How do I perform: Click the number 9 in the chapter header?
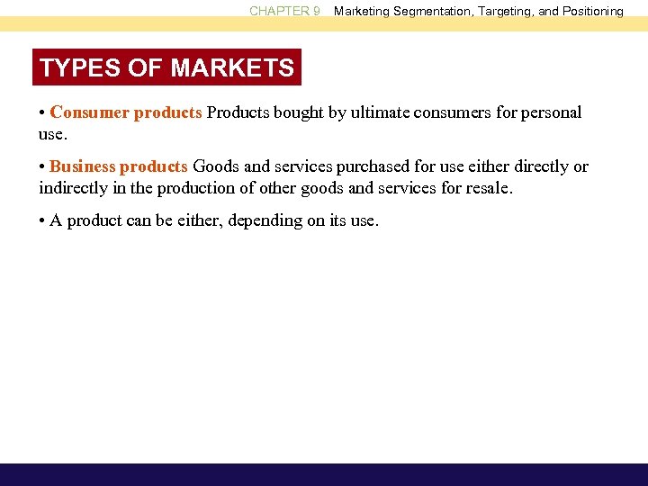316,12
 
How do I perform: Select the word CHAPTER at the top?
278,12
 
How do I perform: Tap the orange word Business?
83,166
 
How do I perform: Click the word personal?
553,113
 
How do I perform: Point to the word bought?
290,113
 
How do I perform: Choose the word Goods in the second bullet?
213,166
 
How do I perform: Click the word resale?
491,187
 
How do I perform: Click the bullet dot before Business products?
43,166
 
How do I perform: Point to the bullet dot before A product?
43,220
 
